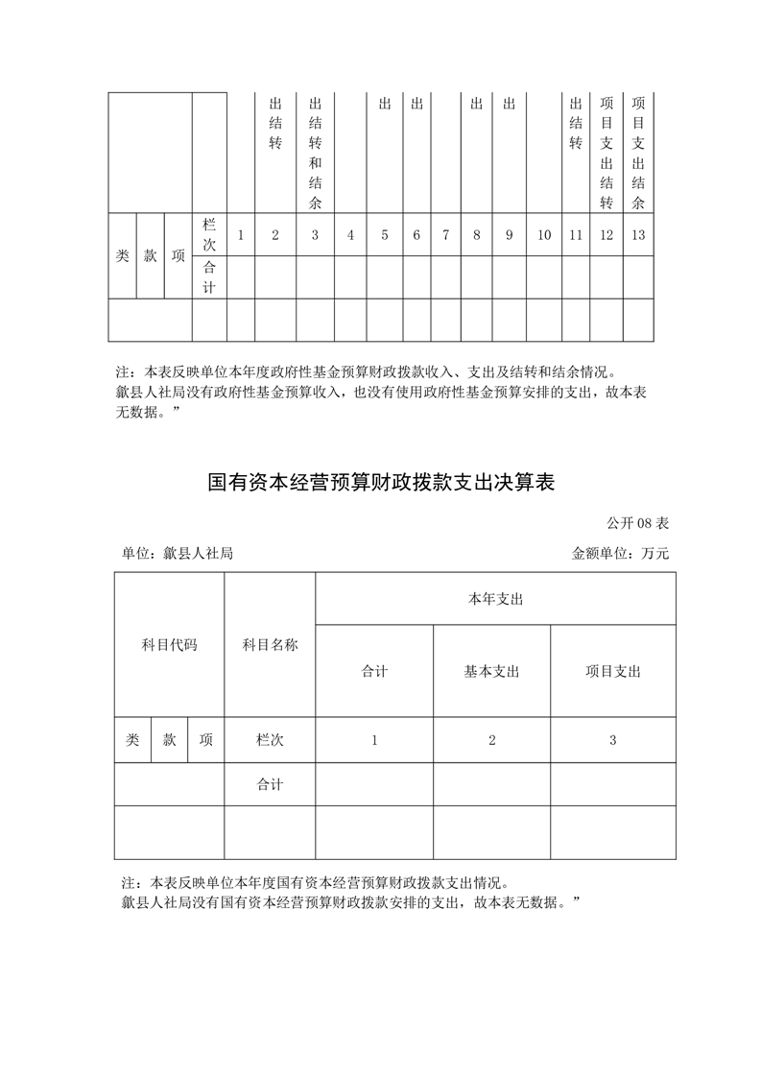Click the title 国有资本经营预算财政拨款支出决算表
pyautogui.click(x=381, y=482)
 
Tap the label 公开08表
pyautogui.click(x=637, y=523)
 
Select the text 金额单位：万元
pyautogui.click(x=620, y=554)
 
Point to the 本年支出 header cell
pyautogui.click(x=495, y=599)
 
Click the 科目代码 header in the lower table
pyautogui.click(x=169, y=645)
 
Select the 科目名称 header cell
pyautogui.click(x=270, y=645)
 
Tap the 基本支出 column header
pyautogui.click(x=491, y=672)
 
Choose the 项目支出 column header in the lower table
pyautogui.click(x=613, y=672)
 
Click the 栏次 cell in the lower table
pyautogui.click(x=270, y=740)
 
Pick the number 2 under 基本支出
pyautogui.click(x=491, y=740)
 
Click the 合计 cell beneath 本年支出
pyautogui.click(x=374, y=672)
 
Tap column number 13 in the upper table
pyautogui.click(x=638, y=235)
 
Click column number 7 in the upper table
pyautogui.click(x=446, y=235)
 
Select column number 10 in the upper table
pyautogui.click(x=544, y=235)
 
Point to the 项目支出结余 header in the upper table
pyautogui.click(x=638, y=152)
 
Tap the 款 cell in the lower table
pyautogui.click(x=169, y=740)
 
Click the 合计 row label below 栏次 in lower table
pyautogui.click(x=270, y=784)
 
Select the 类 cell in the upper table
pyautogui.click(x=122, y=256)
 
